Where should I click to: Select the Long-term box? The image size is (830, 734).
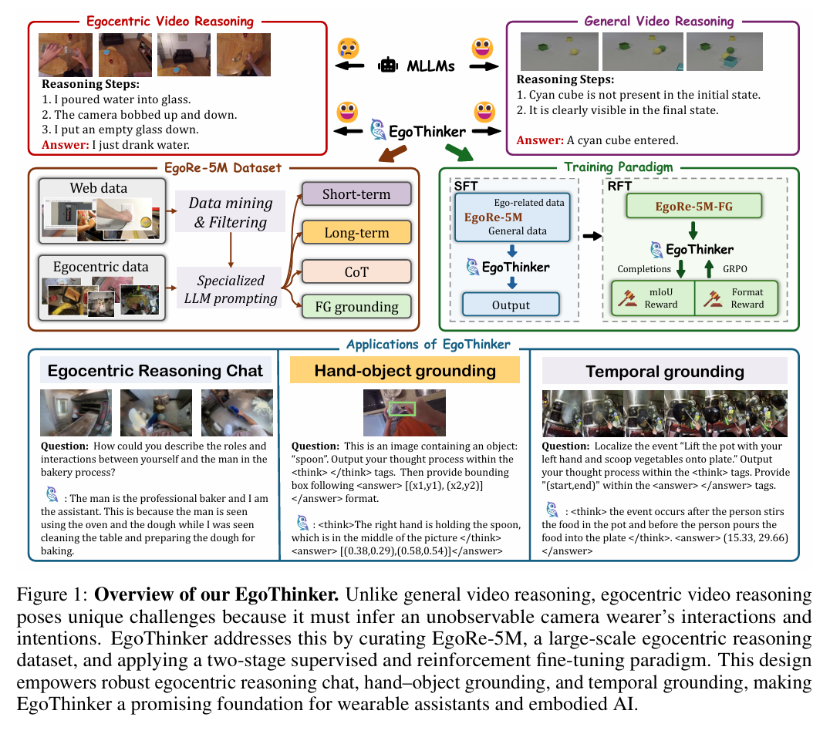(x=356, y=232)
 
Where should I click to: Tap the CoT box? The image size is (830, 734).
(x=356, y=271)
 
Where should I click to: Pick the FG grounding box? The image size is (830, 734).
(x=356, y=306)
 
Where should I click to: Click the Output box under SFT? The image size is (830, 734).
(x=511, y=305)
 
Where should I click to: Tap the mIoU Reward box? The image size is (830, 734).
(x=654, y=298)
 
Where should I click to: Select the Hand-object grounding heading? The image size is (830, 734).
(x=405, y=371)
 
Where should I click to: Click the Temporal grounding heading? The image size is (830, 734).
(x=665, y=372)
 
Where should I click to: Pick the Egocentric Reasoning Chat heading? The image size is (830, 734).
(x=155, y=371)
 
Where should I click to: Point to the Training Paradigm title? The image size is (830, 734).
(x=618, y=167)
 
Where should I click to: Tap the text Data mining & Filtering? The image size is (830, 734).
(x=231, y=213)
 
